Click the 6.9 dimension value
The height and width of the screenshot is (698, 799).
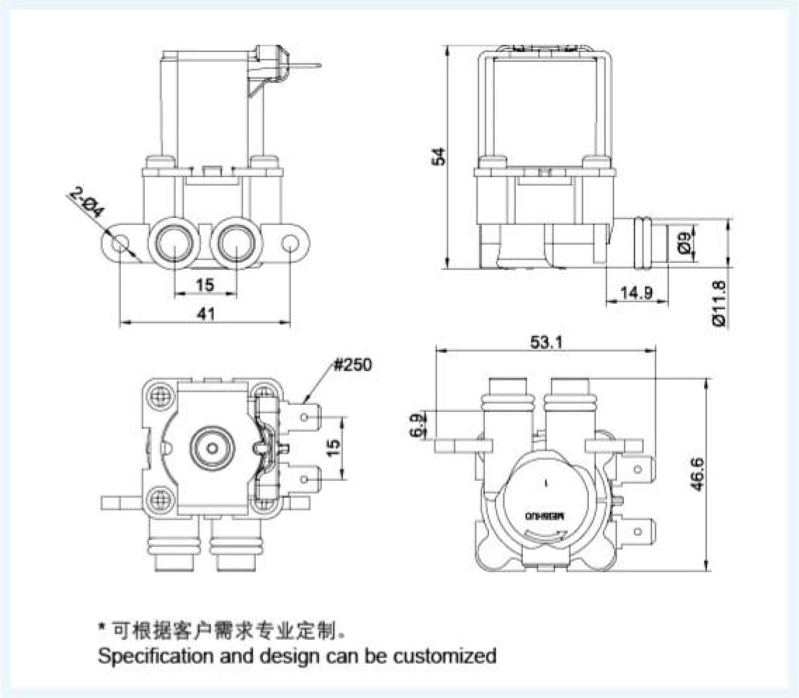tap(418, 427)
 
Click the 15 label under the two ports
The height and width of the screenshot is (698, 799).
tap(205, 284)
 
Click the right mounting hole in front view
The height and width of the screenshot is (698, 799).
tap(291, 243)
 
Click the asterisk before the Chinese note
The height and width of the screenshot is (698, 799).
tap(102, 626)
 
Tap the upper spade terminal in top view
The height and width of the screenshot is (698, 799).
tap(307, 416)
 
